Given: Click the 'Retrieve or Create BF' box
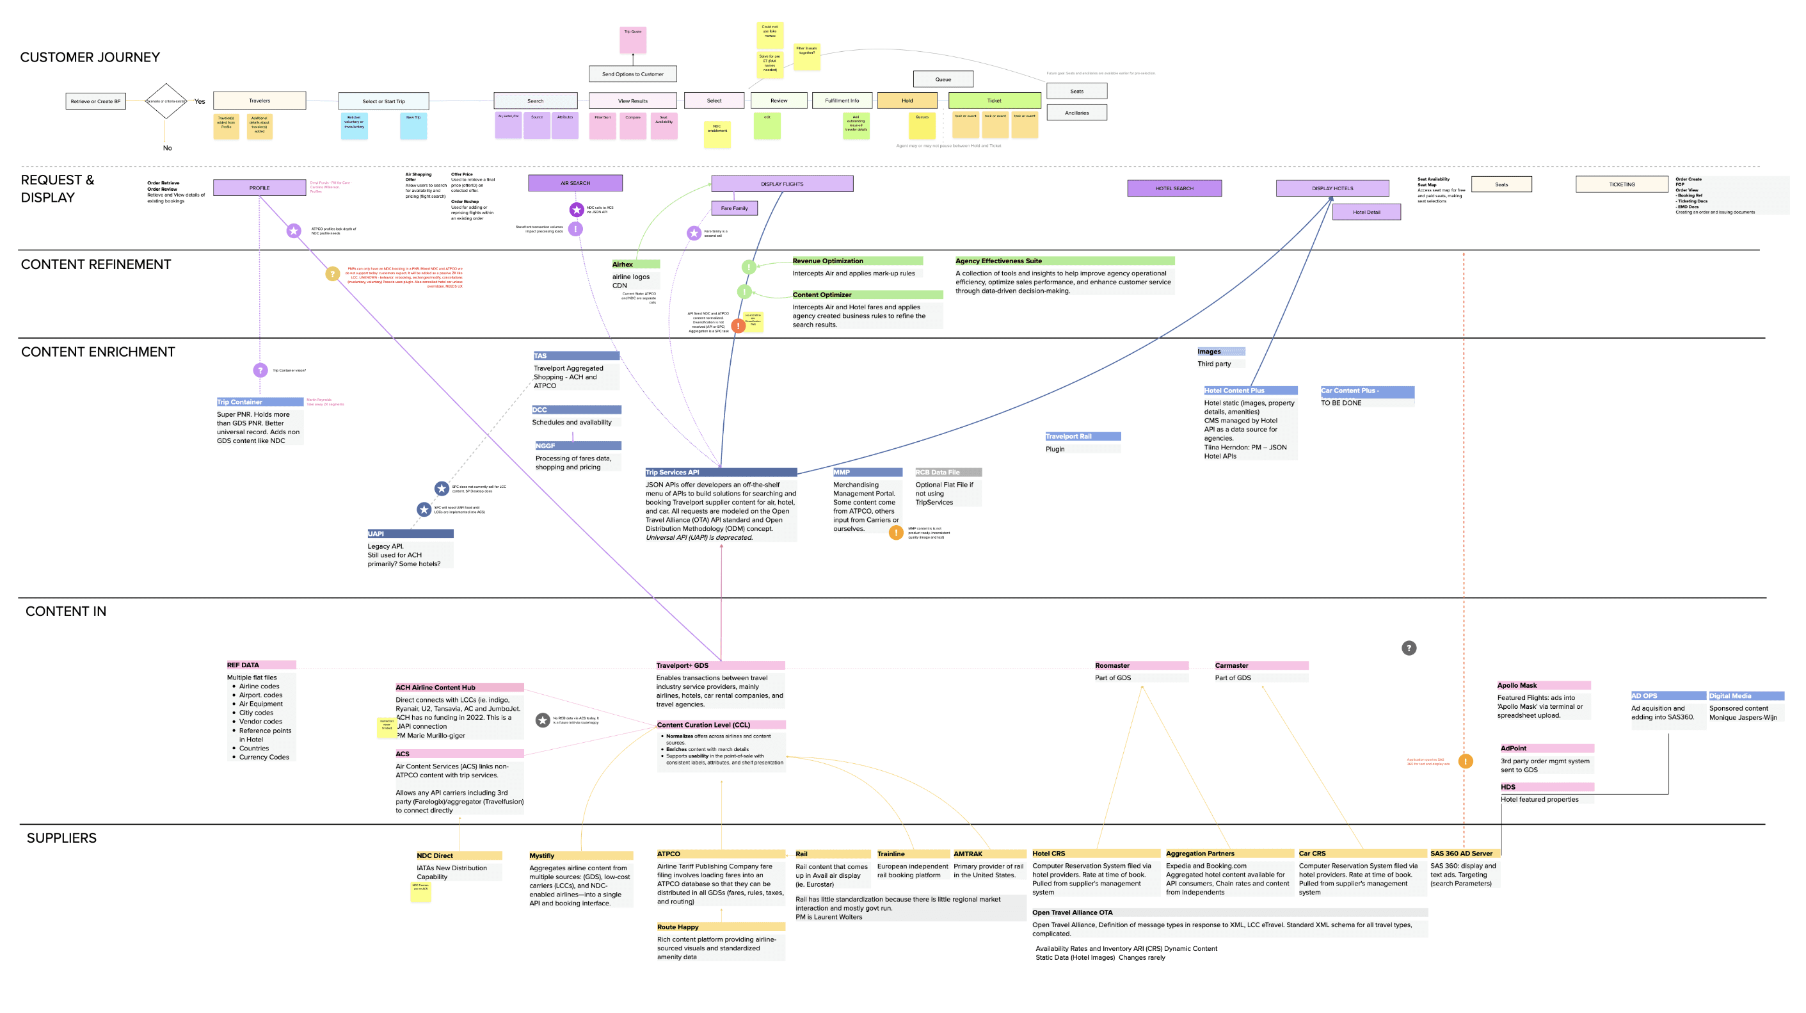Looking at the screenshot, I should tap(95, 101).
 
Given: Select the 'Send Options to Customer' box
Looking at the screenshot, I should tap(632, 74).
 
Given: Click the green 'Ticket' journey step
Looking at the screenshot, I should tap(994, 101).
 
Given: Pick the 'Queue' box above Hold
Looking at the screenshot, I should tap(943, 79).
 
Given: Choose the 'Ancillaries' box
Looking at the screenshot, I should tap(1076, 112).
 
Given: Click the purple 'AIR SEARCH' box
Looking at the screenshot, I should tap(575, 183).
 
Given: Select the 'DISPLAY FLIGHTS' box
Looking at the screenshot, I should tap(781, 184).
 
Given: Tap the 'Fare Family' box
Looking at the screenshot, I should tap(734, 208).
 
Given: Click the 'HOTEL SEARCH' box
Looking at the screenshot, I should tap(1174, 188).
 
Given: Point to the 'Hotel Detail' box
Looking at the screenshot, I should tap(1366, 212).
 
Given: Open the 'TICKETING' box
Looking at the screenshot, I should tap(1621, 184).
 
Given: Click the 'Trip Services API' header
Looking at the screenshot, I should tap(720, 472).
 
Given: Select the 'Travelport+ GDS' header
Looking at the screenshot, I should tap(720, 665).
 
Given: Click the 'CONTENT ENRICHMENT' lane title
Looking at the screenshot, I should tap(98, 352).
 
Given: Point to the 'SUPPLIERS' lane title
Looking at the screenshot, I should tap(61, 838).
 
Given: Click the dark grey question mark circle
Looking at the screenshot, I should tap(1409, 648).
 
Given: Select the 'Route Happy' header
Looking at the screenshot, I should tap(720, 927).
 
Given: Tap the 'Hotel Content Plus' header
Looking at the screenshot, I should tap(1250, 391).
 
